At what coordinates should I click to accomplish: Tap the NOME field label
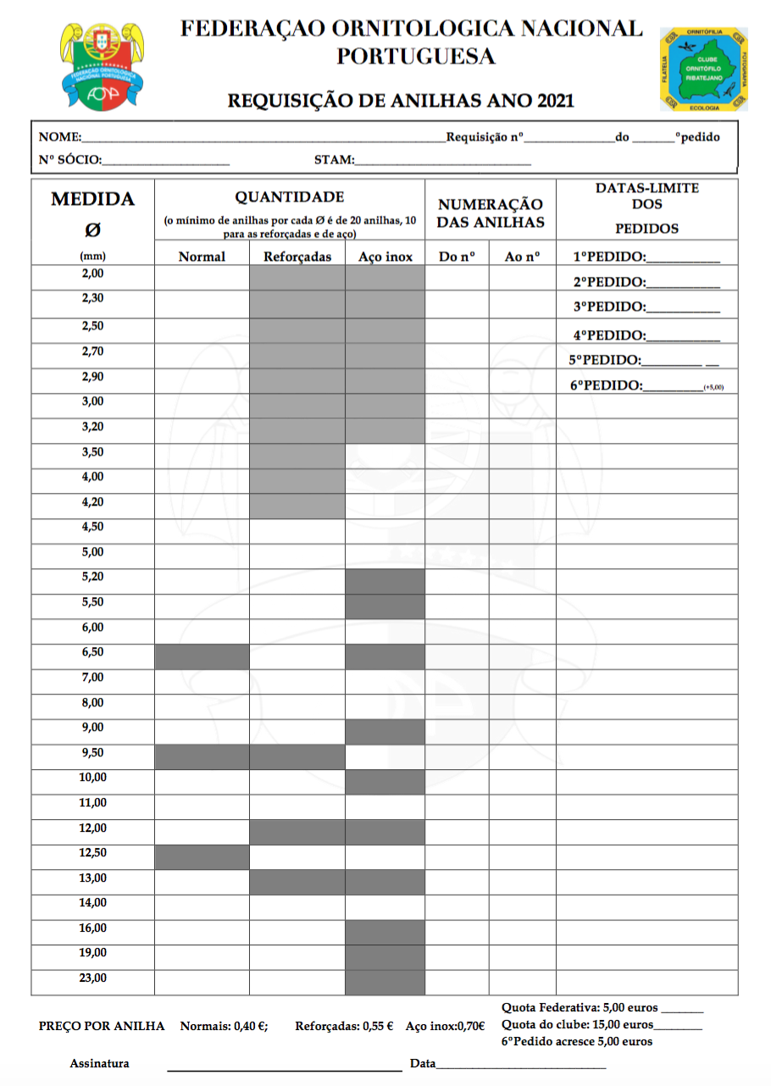click(60, 137)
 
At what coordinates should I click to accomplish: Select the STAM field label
click(334, 159)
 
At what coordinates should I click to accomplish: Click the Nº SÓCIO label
click(70, 159)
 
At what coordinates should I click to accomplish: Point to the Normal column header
click(202, 257)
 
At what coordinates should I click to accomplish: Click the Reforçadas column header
click(297, 257)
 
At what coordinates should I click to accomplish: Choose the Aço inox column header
click(385, 257)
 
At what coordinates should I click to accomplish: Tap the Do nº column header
click(457, 257)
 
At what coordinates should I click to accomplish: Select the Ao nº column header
click(522, 257)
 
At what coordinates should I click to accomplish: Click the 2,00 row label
click(92, 274)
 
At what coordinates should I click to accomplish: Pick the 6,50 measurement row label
click(92, 652)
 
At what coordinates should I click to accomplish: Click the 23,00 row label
click(92, 978)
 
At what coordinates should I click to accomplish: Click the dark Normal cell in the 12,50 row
click(202, 856)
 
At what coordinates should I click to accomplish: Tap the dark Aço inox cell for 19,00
click(385, 957)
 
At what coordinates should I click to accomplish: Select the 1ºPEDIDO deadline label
click(609, 257)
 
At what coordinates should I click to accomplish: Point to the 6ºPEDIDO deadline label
click(607, 386)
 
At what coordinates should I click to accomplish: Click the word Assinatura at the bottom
click(99, 1063)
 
